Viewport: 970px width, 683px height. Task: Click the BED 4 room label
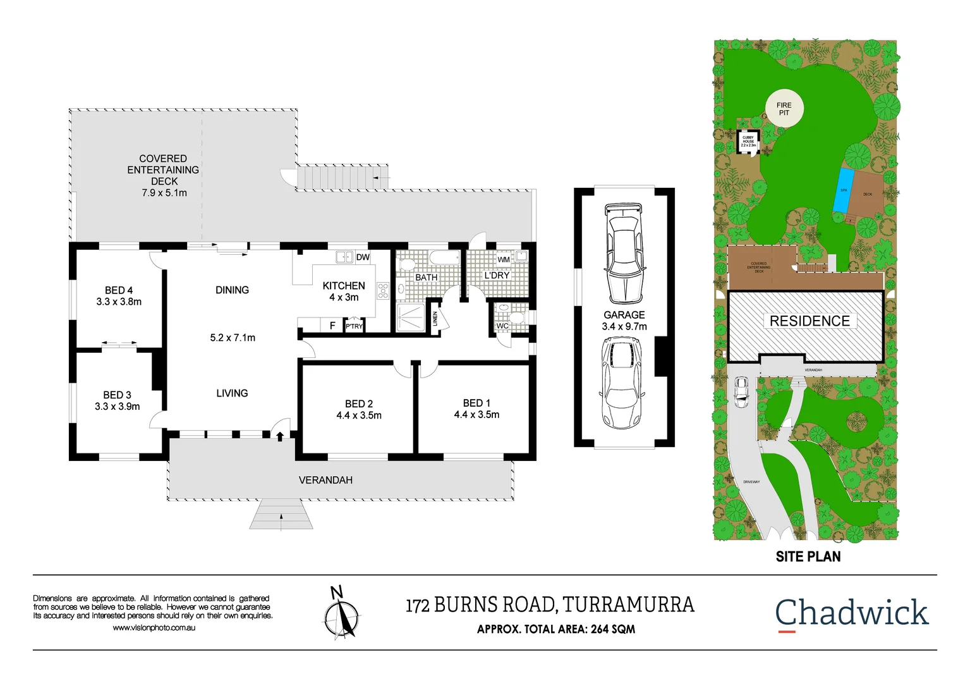coord(119,290)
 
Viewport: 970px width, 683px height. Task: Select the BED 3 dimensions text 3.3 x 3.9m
coord(118,407)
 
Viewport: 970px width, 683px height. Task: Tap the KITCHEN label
coord(344,286)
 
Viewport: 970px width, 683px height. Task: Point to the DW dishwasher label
coord(363,257)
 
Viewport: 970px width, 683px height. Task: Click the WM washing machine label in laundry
coord(504,259)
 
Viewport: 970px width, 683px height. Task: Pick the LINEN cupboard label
coord(435,319)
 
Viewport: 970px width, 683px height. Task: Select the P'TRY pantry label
coord(354,326)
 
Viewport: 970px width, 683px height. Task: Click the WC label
coord(502,326)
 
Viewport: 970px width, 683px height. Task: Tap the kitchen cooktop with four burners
coord(383,291)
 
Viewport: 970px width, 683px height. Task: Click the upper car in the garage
coord(624,254)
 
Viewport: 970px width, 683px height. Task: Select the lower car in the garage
coord(622,382)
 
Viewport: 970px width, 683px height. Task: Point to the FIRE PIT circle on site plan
coord(784,109)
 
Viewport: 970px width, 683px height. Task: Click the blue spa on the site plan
coord(843,190)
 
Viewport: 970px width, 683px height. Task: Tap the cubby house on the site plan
coord(748,140)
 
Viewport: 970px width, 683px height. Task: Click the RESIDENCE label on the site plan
coord(809,321)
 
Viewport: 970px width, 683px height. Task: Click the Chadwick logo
coord(851,613)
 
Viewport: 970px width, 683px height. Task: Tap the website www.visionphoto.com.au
coord(154,628)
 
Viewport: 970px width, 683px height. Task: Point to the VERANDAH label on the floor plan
coord(325,481)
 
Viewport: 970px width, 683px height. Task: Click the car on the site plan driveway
coord(741,391)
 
